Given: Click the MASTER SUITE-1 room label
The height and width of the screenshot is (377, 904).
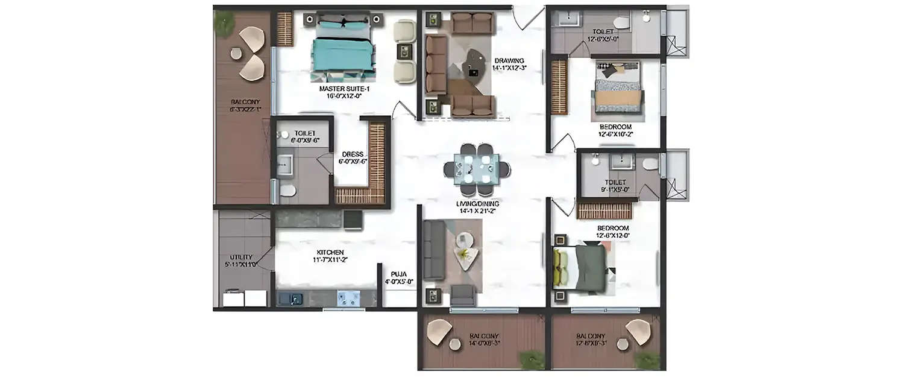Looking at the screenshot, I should pyautogui.click(x=344, y=89).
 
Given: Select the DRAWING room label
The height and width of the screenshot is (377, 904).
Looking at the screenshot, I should pyautogui.click(x=509, y=60).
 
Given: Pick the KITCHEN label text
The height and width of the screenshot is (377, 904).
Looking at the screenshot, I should pyautogui.click(x=330, y=252).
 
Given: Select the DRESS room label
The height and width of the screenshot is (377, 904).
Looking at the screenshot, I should pyautogui.click(x=352, y=154).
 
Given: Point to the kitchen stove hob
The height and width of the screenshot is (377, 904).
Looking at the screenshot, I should pyautogui.click(x=348, y=298).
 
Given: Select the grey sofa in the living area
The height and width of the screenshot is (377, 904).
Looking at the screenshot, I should pyautogui.click(x=434, y=250).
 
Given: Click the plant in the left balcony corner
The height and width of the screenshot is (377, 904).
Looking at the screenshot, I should pyautogui.click(x=224, y=23).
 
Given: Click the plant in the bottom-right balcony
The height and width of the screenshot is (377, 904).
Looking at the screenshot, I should pyautogui.click(x=647, y=361).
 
